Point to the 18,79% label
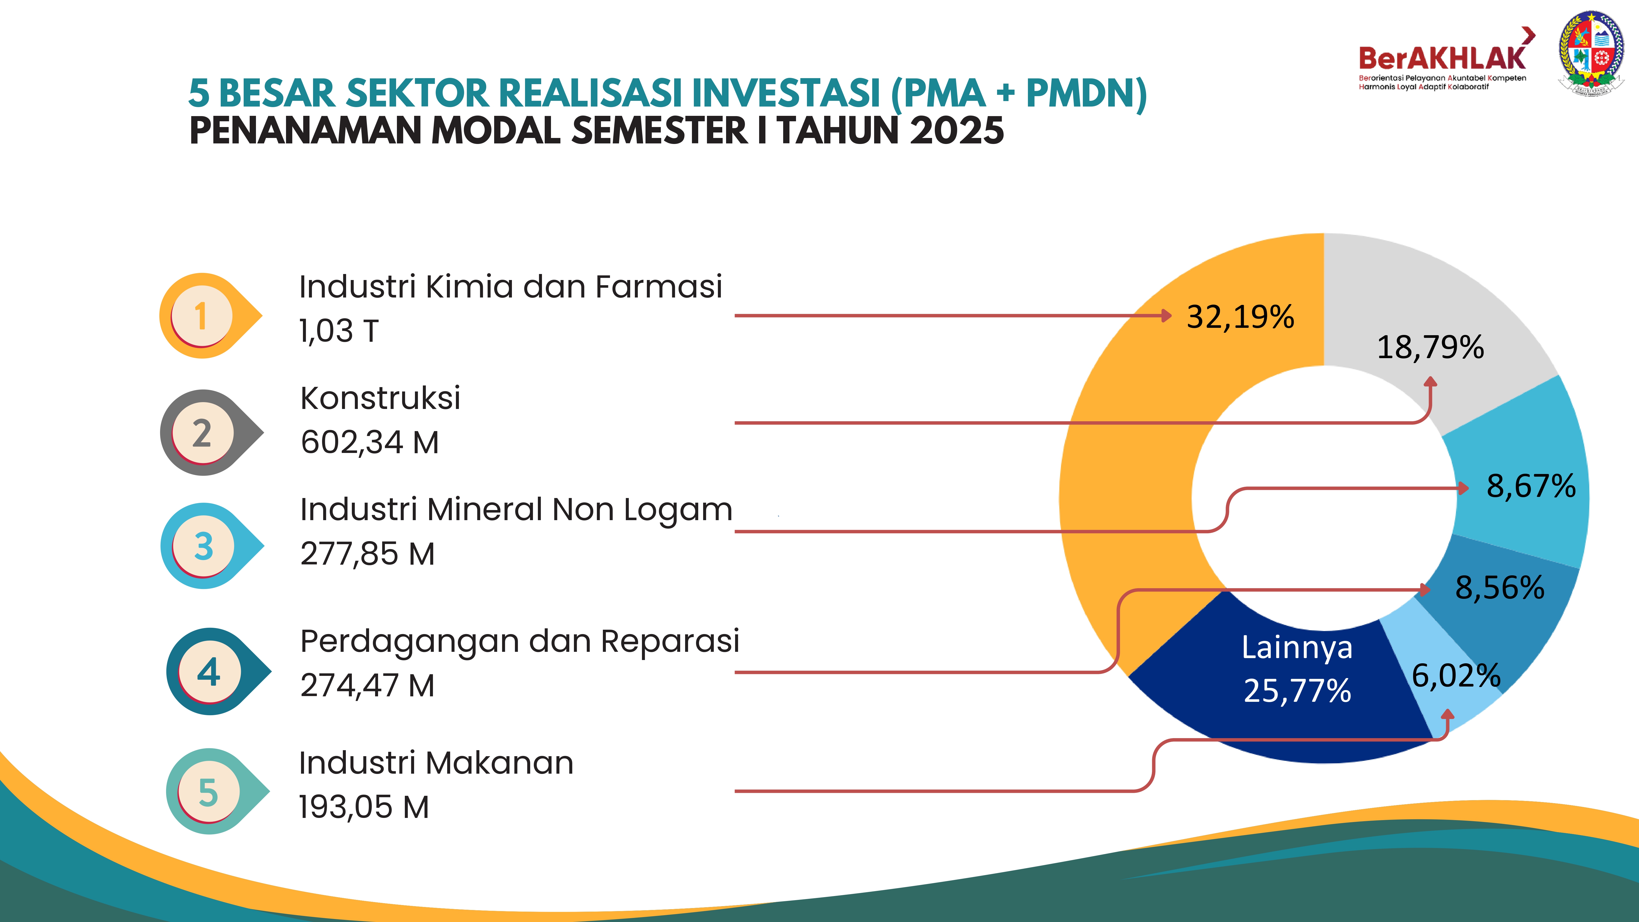[1430, 347]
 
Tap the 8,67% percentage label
[1531, 486]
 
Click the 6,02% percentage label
[1456, 676]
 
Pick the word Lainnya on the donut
[1297, 648]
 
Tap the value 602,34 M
[370, 442]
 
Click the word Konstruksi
[380, 398]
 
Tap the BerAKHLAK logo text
[1442, 58]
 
